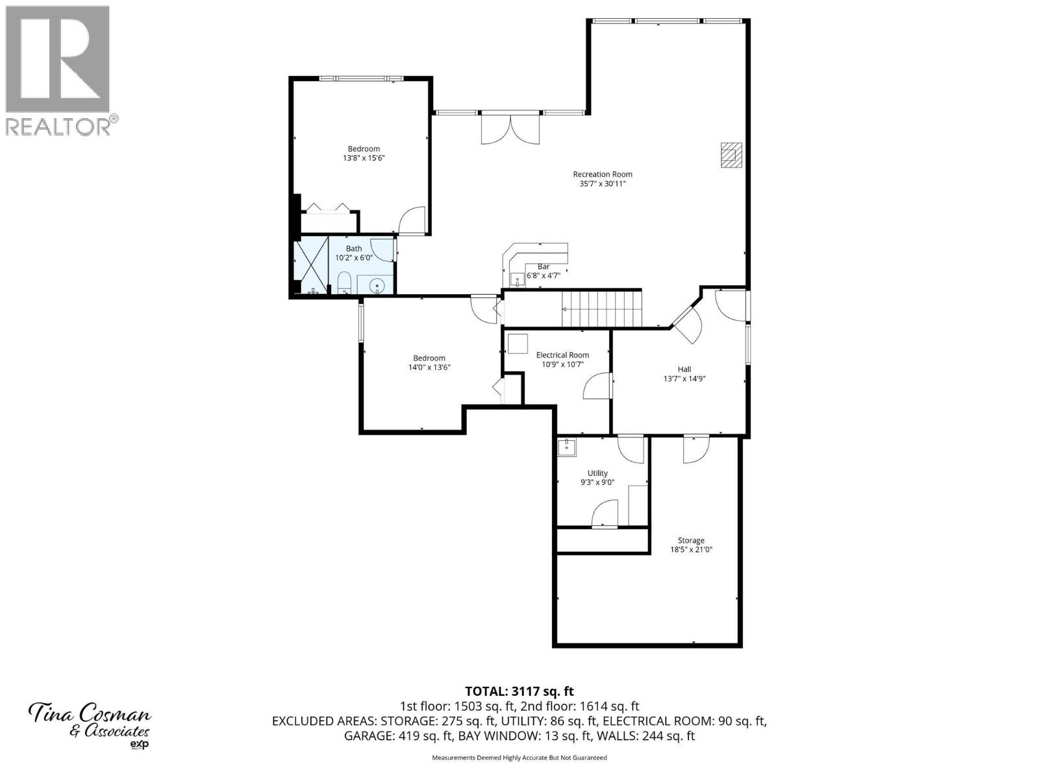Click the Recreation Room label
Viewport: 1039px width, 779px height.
tap(602, 174)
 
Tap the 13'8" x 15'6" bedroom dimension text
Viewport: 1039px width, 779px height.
tap(364, 158)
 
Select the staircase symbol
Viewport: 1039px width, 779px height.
tap(601, 310)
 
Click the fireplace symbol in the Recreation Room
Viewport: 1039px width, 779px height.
tap(731, 155)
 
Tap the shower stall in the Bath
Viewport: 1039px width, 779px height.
tap(311, 265)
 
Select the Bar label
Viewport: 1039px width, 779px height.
tap(544, 266)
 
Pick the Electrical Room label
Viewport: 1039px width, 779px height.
tap(562, 355)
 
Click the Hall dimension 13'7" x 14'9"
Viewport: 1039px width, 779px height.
tap(684, 378)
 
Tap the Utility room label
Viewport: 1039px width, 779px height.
tap(597, 473)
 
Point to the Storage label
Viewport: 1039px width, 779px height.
tap(691, 540)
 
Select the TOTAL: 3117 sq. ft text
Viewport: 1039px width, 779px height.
tap(519, 691)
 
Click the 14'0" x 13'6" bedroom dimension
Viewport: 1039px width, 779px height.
tap(429, 367)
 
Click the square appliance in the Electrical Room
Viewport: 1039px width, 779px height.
tap(518, 343)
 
